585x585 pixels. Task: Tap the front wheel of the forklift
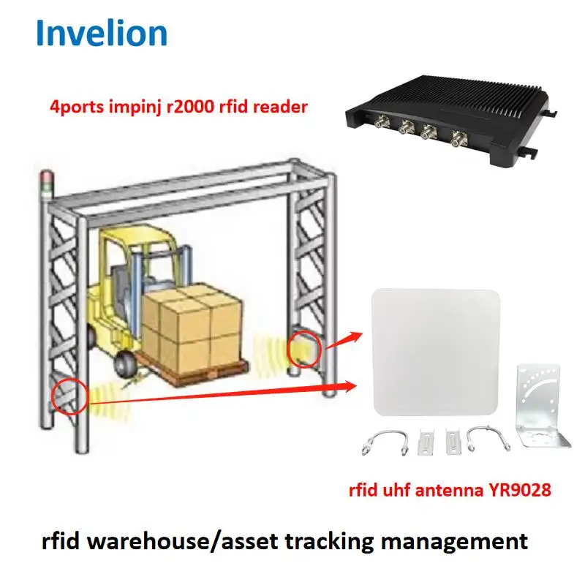[x=126, y=363]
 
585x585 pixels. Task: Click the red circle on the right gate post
[x=306, y=349]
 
